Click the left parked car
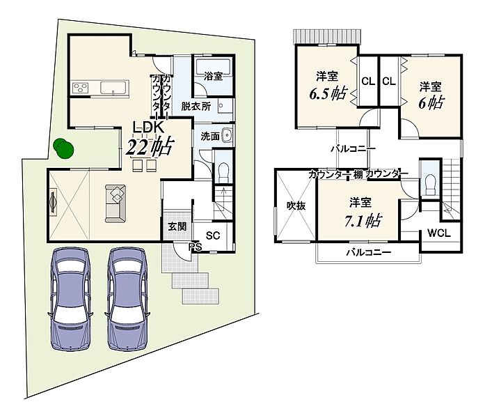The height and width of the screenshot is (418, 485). pos(70,299)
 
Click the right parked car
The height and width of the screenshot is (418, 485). pos(127,299)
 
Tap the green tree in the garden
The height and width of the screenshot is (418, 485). pos(63,148)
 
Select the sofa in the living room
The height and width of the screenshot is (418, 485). pos(116,203)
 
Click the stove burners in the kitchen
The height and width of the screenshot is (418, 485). pos(81,88)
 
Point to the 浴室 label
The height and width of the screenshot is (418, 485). pos(213,76)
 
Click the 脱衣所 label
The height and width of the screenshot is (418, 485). pos(196,107)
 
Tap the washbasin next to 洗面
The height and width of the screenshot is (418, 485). pos(228,136)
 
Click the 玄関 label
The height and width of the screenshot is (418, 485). pos(177,226)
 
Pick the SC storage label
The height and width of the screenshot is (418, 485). pos(213,235)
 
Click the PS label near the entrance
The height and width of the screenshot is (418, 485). pos(196,247)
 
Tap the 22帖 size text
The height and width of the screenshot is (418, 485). pos(150,146)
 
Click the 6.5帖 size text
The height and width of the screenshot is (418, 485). pos(328,93)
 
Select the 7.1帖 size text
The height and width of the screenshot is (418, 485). pos(363,221)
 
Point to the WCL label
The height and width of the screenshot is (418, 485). pos(439,233)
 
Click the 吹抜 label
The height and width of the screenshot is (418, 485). pos(296,206)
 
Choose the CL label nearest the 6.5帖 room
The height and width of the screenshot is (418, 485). pos(368,82)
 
